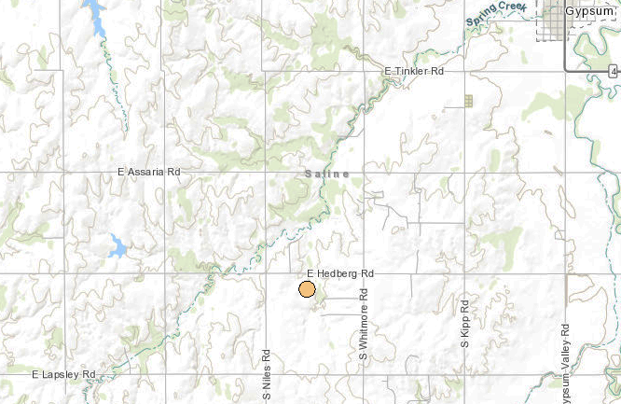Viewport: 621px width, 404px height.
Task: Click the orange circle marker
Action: [307, 288]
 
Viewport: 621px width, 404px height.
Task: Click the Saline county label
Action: [326, 174]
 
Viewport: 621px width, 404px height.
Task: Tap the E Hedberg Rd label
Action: [339, 273]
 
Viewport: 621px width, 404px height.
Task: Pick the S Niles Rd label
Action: [267, 372]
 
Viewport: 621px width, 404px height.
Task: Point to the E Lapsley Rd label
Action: [63, 374]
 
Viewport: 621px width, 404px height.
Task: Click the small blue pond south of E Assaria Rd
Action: [117, 247]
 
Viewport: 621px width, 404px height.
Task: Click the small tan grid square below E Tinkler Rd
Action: [469, 100]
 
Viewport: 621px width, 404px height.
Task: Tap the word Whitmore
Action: [365, 318]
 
